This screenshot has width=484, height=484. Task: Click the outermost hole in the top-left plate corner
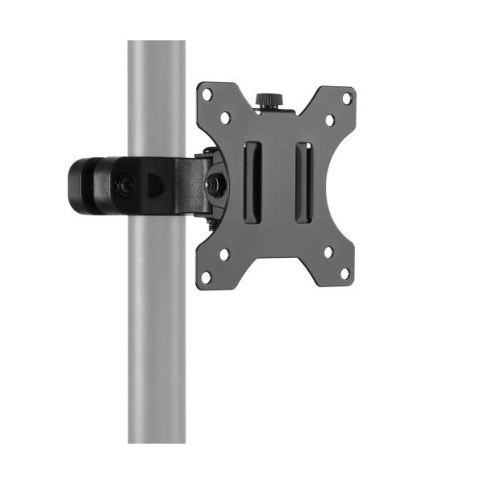[x=207, y=94]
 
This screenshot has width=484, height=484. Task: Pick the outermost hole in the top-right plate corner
[x=347, y=98]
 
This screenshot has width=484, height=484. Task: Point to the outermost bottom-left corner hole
[x=207, y=276]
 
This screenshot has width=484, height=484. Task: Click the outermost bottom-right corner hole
[x=345, y=273]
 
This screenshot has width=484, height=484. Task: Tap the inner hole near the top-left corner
[x=225, y=117]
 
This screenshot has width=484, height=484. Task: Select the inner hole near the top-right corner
[x=329, y=119]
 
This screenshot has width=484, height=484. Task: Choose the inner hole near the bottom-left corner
[x=224, y=254]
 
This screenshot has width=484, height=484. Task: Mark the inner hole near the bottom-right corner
[x=328, y=252]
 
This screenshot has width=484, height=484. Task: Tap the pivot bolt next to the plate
[x=215, y=183]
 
